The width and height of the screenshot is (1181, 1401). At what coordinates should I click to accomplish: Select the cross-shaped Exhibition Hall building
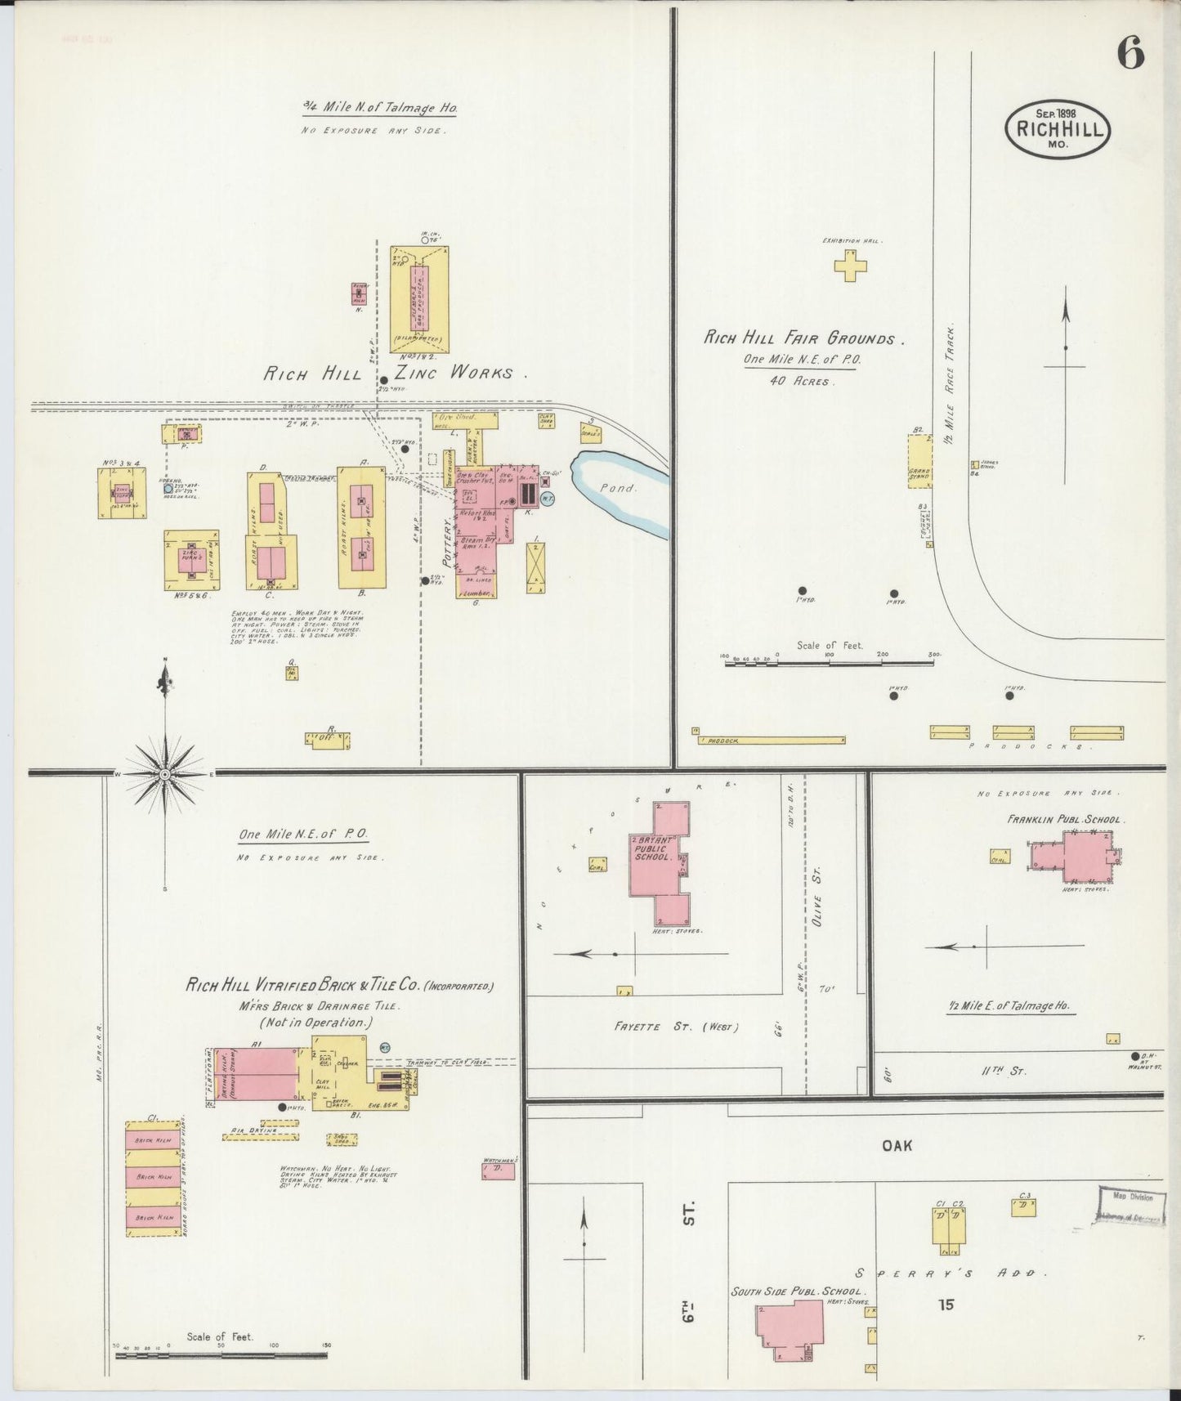pyautogui.click(x=850, y=266)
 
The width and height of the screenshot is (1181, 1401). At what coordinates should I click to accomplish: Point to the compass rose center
pyautogui.click(x=165, y=773)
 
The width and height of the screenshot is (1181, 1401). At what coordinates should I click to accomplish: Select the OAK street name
pyautogui.click(x=897, y=1146)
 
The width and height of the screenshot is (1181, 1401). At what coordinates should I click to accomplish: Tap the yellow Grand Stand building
pyautogui.click(x=919, y=461)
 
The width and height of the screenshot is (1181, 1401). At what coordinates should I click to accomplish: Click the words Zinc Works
pyautogui.click(x=454, y=373)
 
